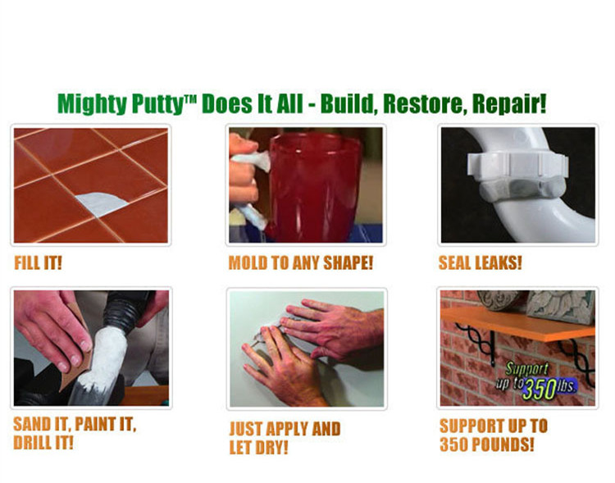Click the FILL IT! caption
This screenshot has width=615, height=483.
[39, 263]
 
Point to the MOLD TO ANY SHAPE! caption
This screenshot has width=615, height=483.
[300, 263]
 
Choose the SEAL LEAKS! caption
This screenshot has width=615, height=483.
[481, 263]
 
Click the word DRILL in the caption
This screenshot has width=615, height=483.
[34, 444]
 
